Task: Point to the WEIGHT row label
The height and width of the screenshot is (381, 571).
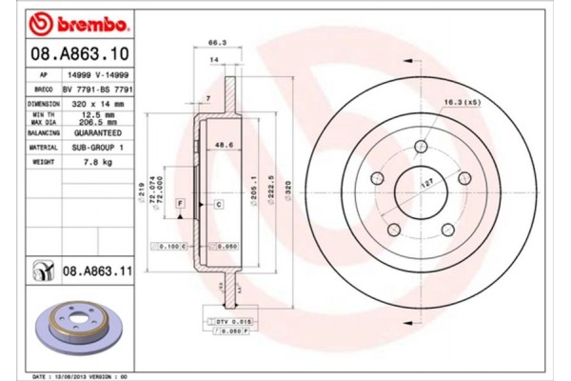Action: pos(44,163)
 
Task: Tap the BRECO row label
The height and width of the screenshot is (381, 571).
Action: pos(44,87)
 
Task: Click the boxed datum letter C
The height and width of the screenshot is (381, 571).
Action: pos(218,204)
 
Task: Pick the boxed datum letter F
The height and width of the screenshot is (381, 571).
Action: pos(179,204)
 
